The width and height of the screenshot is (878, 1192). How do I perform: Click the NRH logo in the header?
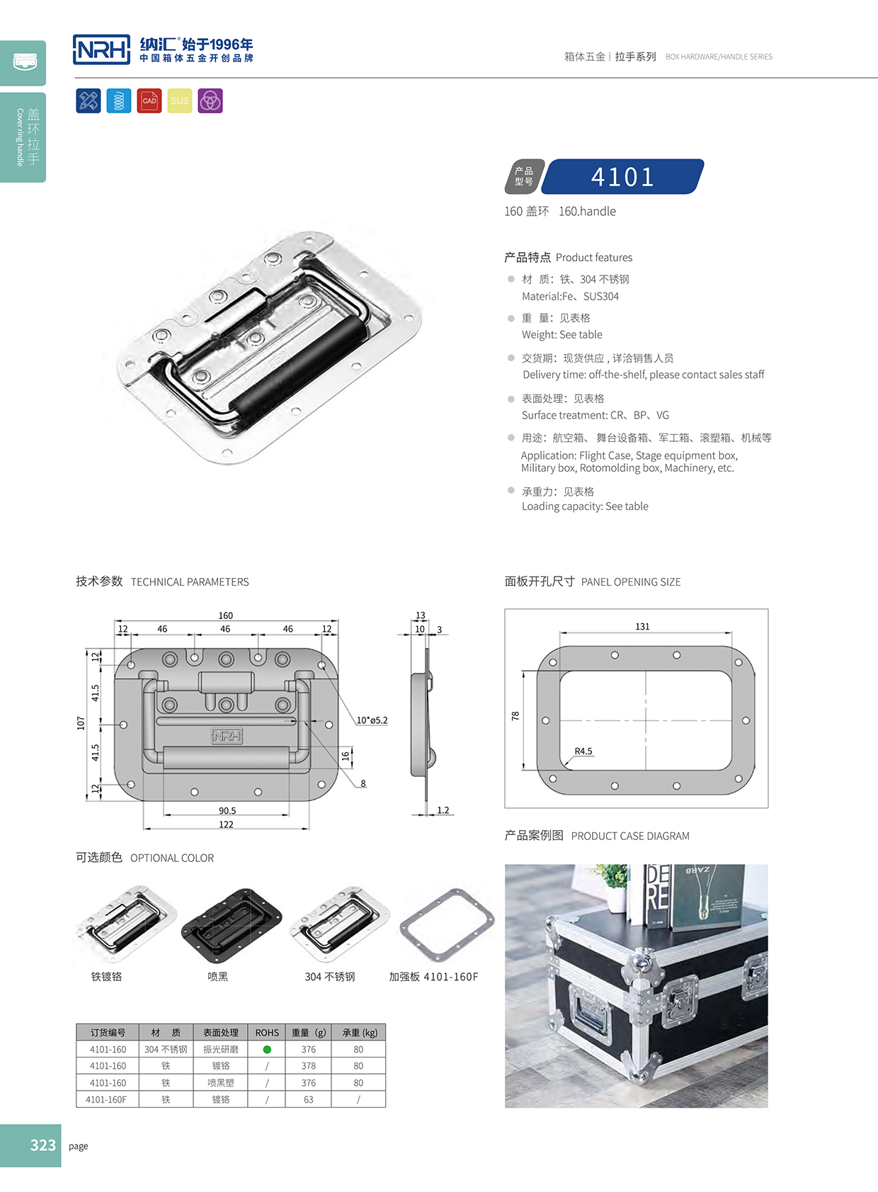pyautogui.click(x=101, y=50)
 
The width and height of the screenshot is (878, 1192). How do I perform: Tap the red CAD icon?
pyautogui.click(x=149, y=101)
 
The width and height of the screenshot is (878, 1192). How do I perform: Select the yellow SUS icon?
pyautogui.click(x=180, y=101)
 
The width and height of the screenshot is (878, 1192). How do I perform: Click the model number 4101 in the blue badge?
pyautogui.click(x=622, y=177)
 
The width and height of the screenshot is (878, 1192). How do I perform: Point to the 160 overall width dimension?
pyautogui.click(x=226, y=615)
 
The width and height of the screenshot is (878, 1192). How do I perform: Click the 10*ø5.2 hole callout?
pyautogui.click(x=372, y=720)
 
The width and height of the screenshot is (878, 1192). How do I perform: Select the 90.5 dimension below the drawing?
pyautogui.click(x=227, y=811)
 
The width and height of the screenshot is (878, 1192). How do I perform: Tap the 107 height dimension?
pyautogui.click(x=81, y=723)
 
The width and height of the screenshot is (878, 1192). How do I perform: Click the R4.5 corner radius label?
pyautogui.click(x=583, y=751)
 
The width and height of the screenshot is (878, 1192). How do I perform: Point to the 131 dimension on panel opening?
pyautogui.click(x=642, y=627)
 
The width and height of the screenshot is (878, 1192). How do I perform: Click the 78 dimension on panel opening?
pyautogui.click(x=515, y=716)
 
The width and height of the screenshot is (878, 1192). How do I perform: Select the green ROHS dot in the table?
pyautogui.click(x=267, y=1050)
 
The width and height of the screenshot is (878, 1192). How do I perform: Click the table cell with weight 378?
pyautogui.click(x=309, y=1066)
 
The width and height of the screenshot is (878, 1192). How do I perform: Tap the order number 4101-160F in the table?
pyautogui.click(x=106, y=1100)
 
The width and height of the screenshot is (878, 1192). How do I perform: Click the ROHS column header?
pyautogui.click(x=267, y=1033)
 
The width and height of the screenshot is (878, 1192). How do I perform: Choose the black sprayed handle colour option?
pyautogui.click(x=231, y=926)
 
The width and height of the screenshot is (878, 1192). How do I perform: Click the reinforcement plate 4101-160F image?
pyautogui.click(x=447, y=924)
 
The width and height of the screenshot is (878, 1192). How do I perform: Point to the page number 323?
pyautogui.click(x=42, y=1145)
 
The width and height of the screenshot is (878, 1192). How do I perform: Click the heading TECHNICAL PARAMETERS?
pyautogui.click(x=190, y=582)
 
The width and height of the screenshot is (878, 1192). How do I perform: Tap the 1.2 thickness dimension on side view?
pyautogui.click(x=443, y=810)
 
